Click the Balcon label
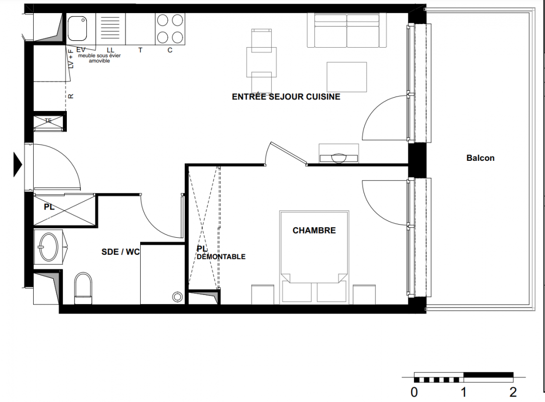click(x=480, y=158)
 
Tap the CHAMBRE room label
click(x=314, y=231)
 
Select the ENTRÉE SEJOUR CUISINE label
click(x=286, y=96)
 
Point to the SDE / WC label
click(x=120, y=252)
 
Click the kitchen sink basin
click(x=77, y=29)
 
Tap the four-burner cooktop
click(x=170, y=29)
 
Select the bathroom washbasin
click(x=48, y=247)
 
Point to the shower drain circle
click(x=178, y=297)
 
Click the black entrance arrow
click(x=18, y=164)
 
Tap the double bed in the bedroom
click(x=314, y=257)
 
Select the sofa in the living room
click(x=347, y=30)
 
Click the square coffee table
click(x=347, y=77)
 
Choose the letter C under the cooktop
click(x=170, y=50)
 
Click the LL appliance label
click(x=110, y=50)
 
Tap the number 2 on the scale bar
click(x=513, y=392)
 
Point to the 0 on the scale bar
click(x=414, y=392)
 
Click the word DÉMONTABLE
click(x=221, y=257)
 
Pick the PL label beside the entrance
click(x=49, y=207)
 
